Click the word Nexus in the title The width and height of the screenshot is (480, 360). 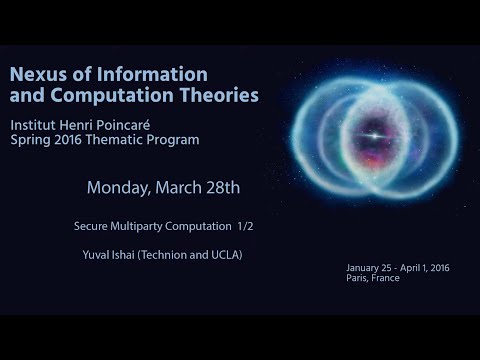[x=38, y=74]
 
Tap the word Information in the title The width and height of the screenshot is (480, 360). [x=152, y=74]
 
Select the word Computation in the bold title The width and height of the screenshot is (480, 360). [x=112, y=95]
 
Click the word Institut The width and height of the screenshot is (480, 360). [x=33, y=125]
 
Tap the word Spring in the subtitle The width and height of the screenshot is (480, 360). [x=30, y=140]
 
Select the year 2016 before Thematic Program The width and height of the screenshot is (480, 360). [x=68, y=140]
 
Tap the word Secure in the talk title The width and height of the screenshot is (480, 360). [x=91, y=226]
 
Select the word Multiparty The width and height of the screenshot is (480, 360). [x=136, y=227]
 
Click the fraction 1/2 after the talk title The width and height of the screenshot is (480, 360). [x=245, y=226]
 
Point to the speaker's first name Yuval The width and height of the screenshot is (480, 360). [x=95, y=255]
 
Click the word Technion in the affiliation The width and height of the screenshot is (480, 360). [x=164, y=255]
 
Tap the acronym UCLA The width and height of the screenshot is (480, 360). [x=225, y=255]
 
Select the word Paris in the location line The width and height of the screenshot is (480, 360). [x=356, y=278]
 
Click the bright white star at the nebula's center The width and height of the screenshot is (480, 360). [x=375, y=136]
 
